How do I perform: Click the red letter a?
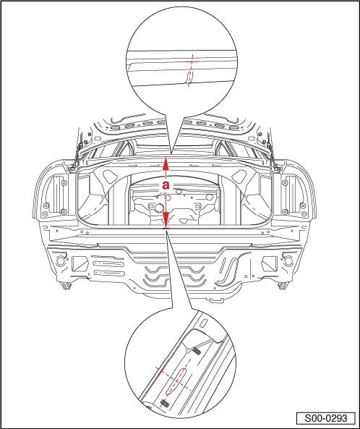166,185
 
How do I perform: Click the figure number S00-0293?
326,418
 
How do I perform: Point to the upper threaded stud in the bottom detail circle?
197,351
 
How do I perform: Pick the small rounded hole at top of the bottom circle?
204,323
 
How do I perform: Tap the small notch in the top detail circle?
189,77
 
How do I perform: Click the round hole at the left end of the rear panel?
61,260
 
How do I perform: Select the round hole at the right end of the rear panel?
287,260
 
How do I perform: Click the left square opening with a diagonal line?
80,263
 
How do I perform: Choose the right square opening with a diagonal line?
269,263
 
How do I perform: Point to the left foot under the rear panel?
66,286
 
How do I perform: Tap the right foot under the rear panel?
283,286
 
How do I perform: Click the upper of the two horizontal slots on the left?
108,264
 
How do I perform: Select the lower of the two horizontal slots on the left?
109,273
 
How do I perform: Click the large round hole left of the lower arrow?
158,208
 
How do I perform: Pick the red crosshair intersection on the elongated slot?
176,380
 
